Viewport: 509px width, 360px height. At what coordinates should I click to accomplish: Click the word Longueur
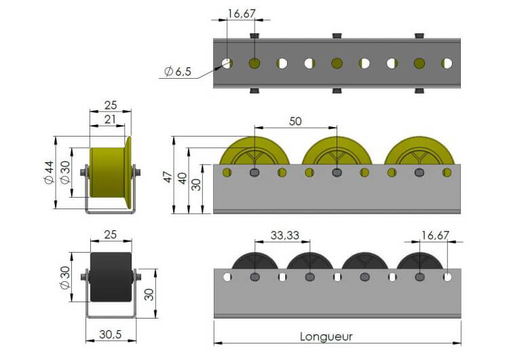point(326,337)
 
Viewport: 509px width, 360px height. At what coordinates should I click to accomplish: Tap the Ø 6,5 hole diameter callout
point(178,71)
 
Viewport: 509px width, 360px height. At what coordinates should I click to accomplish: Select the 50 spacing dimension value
point(295,121)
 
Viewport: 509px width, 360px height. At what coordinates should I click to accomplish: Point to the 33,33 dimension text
point(284,235)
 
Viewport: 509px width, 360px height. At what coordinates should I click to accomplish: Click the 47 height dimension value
point(168,177)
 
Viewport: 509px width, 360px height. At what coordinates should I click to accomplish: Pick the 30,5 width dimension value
point(111,334)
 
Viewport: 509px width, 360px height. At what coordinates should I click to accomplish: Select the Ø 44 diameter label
point(49,173)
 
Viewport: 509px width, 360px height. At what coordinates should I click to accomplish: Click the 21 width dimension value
point(110,120)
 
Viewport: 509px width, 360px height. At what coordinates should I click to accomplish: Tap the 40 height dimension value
point(182,179)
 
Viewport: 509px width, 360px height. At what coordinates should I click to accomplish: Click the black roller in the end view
point(111,277)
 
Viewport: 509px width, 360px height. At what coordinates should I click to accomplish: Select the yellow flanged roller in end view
point(111,173)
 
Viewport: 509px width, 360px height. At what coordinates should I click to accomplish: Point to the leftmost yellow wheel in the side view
point(254,150)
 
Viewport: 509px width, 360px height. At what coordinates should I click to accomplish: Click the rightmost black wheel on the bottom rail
point(419,261)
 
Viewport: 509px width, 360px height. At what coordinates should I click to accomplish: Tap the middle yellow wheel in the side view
point(337,150)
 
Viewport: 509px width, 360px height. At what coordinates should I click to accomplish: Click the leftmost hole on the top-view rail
point(227,63)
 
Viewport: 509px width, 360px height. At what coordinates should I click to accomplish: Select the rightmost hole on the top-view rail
point(447,63)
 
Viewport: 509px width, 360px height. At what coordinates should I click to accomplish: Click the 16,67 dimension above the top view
point(242,14)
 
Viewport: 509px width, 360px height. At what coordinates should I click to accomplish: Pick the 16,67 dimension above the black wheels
point(435,235)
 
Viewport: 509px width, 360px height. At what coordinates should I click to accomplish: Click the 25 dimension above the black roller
point(111,234)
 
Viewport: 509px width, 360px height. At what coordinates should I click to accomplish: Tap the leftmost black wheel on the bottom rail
point(254,261)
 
